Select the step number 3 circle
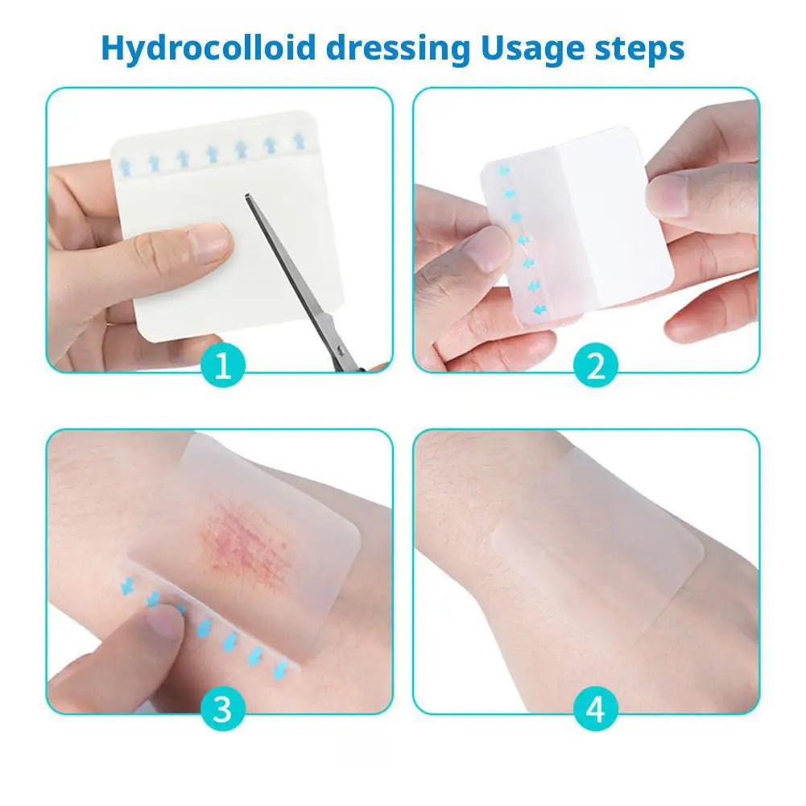(x=223, y=709)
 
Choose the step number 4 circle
(x=596, y=709)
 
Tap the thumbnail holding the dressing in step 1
(x=210, y=243)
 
